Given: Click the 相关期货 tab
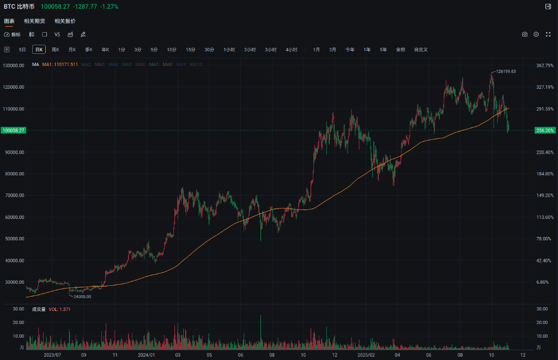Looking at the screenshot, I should coord(34,21).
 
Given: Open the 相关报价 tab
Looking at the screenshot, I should coord(65,21).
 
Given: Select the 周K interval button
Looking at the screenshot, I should coord(55,50).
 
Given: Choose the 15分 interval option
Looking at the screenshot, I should coord(190,50).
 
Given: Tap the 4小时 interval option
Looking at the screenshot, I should coord(292,50).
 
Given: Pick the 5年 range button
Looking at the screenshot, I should coord(384,50).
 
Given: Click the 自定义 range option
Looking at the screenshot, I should coord(421,50).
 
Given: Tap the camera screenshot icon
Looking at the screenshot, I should coord(525,34).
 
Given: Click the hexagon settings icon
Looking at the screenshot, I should coord(536,34).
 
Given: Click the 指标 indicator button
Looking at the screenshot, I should coord(13,34).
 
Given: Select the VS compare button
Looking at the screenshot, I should coord(57,34).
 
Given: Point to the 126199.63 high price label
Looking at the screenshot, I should coord(506,71).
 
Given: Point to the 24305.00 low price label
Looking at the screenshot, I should coord(82,296).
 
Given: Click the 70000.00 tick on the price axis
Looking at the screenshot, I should coord(14,196).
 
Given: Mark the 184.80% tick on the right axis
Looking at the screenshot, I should coord(545,174).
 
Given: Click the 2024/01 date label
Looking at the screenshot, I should coord(145,354).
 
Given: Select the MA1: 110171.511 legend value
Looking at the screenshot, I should coord(60,64).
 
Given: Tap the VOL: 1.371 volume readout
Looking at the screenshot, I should coord(60,309).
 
